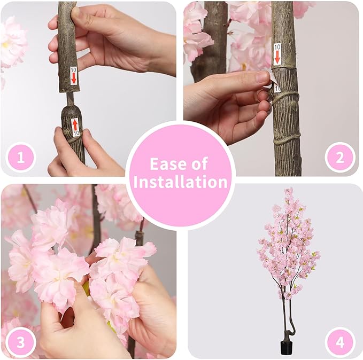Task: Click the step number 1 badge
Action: pos(21,158)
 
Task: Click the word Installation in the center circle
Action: pos(181,182)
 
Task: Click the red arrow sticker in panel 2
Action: pos(277,54)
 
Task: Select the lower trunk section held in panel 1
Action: pos(73,134)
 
